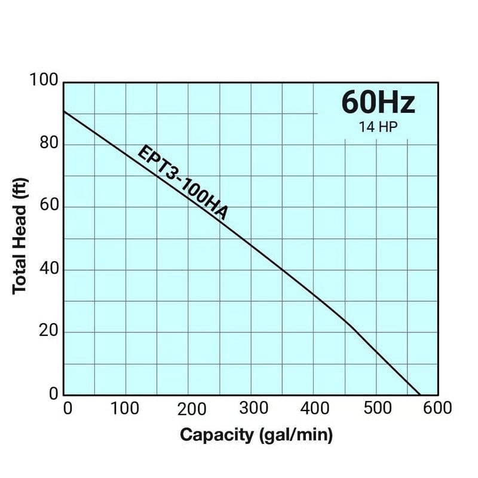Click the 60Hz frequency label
pos(378,102)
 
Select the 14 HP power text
pos(378,127)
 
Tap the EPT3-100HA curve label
pos(183,183)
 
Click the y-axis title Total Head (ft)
pos(20,239)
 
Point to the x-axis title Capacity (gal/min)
pos(256,434)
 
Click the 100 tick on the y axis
pos(44,81)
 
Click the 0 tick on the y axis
pos(53,394)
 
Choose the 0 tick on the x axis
pos(68,409)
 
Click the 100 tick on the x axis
pos(125,409)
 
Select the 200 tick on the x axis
pos(188,409)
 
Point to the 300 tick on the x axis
pos(251,409)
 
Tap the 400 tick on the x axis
pos(314,409)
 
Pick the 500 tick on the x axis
pos(376,409)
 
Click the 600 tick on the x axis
pos(438,409)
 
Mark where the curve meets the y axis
pos(64,112)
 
